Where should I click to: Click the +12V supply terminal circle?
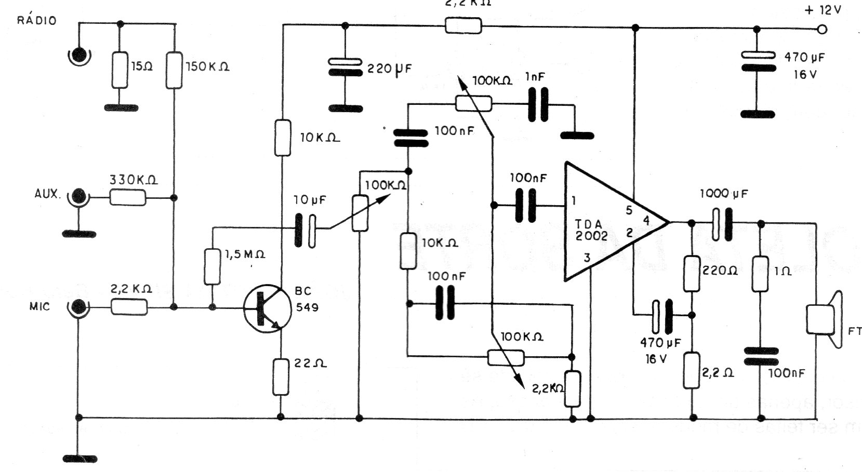tap(821, 30)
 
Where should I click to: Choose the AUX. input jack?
tap(79, 197)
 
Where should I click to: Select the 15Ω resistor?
tap(120, 70)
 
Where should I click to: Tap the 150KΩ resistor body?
tap(174, 70)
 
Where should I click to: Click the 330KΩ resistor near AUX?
tap(128, 197)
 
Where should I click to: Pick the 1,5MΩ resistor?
tap(212, 267)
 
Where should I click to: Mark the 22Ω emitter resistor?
tap(281, 376)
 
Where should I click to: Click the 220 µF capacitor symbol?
tap(344, 68)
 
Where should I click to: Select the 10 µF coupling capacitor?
tap(305, 229)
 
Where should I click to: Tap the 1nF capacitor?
tap(538, 105)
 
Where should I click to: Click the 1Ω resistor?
tap(761, 274)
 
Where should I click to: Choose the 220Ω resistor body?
tap(692, 274)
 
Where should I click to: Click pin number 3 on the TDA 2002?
tap(587, 258)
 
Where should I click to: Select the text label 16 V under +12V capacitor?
tap(805, 75)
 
